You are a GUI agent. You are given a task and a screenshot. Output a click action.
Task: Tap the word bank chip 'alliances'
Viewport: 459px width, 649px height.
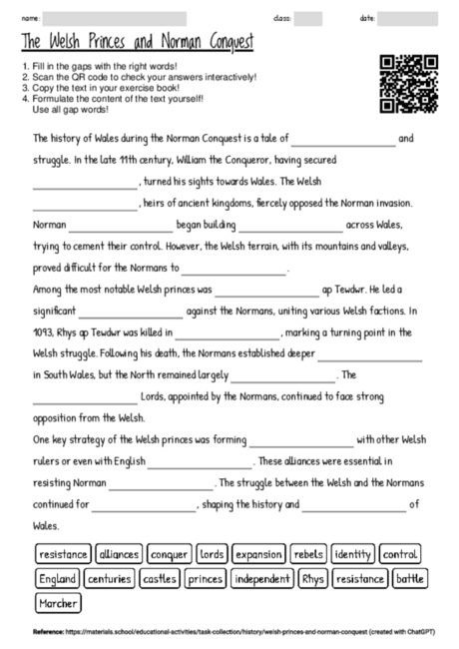coord(119,553)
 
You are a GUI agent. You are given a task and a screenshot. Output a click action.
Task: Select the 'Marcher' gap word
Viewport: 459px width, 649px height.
coord(57,603)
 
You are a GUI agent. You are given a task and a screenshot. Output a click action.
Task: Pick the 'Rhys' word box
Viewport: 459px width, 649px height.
coord(312,578)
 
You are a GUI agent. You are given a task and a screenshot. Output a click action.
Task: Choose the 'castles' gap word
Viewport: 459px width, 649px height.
coord(159,578)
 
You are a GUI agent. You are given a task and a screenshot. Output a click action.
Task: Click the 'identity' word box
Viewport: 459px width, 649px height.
coord(353,553)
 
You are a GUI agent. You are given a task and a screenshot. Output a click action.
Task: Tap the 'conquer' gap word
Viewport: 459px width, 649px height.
coord(170,553)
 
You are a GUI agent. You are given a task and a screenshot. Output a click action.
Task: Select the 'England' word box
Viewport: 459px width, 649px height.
coord(57,578)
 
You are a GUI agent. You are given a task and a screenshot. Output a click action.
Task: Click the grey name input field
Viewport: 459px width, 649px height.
coord(115,18)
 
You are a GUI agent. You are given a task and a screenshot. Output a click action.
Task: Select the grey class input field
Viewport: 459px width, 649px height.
coord(308,18)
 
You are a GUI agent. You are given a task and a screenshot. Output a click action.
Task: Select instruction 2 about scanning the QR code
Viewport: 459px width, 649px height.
coord(140,77)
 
